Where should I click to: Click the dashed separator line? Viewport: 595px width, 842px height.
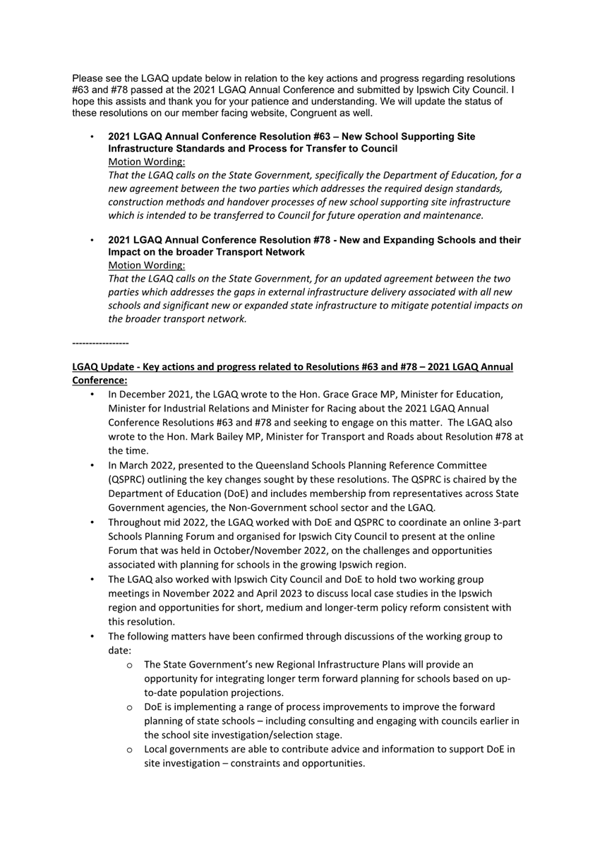(x=100, y=343)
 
